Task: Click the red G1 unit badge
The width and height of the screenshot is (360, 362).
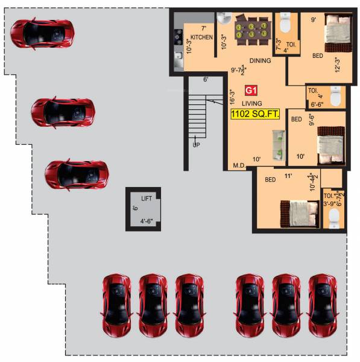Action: (x=251, y=91)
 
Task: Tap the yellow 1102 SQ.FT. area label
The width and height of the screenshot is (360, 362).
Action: (x=255, y=113)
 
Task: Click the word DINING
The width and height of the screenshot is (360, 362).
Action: (x=259, y=60)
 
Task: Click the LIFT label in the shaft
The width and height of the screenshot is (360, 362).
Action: (x=147, y=198)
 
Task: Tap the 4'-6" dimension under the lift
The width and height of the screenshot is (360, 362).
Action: (x=147, y=221)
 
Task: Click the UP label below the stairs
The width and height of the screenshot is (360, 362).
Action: (x=196, y=145)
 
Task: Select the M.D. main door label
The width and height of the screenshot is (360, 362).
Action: (x=239, y=165)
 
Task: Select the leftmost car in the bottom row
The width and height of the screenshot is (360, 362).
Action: (x=116, y=304)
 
